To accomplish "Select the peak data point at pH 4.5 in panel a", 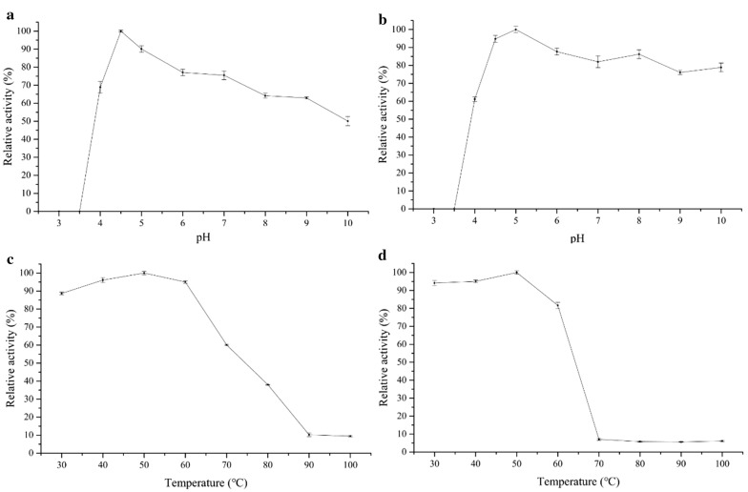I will pyautogui.click(x=120, y=31).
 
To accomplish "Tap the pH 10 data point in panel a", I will pyautogui.click(x=347, y=121).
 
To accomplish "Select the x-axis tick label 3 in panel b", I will pyautogui.click(x=433, y=221).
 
